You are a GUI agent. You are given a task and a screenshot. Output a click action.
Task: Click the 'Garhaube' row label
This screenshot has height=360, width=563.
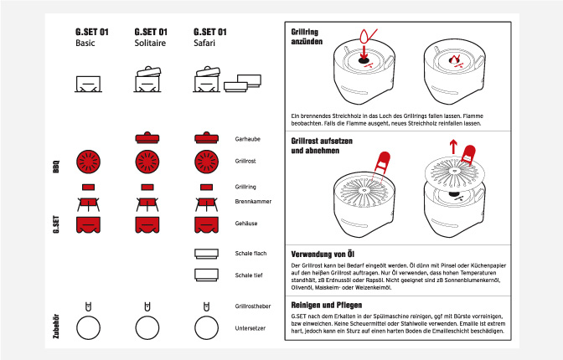[x=247, y=137]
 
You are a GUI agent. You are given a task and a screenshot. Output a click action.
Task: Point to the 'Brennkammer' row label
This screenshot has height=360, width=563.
[x=251, y=202]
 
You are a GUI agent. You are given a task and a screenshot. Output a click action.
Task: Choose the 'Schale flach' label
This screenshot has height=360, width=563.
[x=251, y=253]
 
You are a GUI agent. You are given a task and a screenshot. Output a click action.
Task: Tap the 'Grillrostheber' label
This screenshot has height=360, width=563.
[x=253, y=307]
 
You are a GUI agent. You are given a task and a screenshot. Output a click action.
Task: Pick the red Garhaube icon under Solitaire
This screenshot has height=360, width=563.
[x=147, y=136]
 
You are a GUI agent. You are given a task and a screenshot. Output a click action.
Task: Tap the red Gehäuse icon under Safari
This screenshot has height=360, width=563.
[x=206, y=224]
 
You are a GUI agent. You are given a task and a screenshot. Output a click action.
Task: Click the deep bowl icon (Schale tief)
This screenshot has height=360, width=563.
[x=206, y=274]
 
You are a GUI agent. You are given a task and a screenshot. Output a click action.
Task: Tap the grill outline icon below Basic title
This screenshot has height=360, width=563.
[x=87, y=84]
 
